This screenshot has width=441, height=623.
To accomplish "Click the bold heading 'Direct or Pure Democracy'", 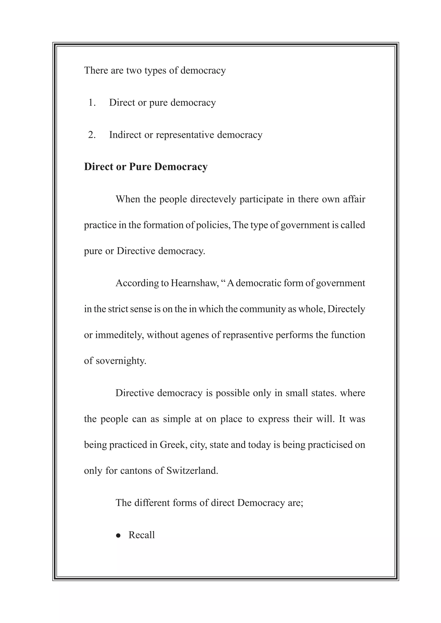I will pyautogui.click(x=146, y=167).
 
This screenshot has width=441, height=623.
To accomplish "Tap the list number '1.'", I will pyautogui.click(x=92, y=103).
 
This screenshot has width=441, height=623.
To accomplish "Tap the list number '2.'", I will pyautogui.click(x=92, y=135).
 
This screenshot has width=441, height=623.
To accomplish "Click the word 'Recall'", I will pyautogui.click(x=141, y=535).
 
